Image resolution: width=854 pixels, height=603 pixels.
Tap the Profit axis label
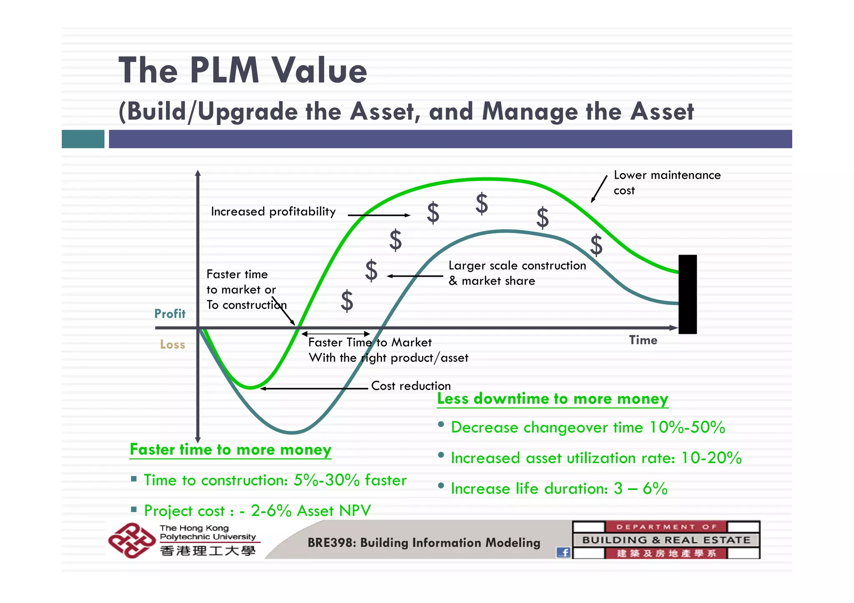[x=170, y=314]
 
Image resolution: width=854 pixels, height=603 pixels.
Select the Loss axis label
[x=172, y=345]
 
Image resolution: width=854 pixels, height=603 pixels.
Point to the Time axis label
[x=643, y=340]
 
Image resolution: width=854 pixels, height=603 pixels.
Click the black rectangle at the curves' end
[x=687, y=294]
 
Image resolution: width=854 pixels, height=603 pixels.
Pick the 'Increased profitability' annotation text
[x=273, y=212]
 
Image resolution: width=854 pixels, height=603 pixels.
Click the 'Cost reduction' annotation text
[x=411, y=386]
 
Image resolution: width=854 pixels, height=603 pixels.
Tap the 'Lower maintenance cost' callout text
[x=667, y=183]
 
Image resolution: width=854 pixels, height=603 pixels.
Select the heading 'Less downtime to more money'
[x=553, y=399]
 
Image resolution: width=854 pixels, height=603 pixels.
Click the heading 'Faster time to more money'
[x=231, y=450]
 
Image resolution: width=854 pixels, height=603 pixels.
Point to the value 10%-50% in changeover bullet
[x=687, y=428]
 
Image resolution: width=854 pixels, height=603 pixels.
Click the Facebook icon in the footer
[x=563, y=553]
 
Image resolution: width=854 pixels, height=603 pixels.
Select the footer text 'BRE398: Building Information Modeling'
[x=424, y=543]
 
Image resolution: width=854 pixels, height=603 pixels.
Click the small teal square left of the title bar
[x=83, y=139]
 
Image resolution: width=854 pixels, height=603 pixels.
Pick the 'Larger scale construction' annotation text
[x=517, y=265]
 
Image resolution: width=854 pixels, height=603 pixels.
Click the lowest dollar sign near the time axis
[x=347, y=301]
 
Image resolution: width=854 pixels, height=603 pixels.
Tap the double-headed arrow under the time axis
[x=336, y=334]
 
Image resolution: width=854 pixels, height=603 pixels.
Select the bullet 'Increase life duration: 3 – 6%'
[x=559, y=489]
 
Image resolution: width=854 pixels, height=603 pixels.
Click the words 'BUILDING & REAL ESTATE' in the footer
[x=666, y=540]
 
